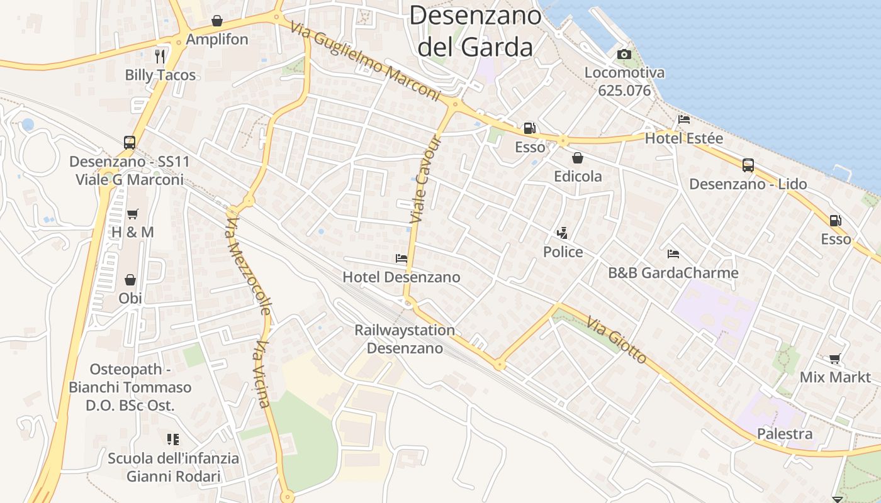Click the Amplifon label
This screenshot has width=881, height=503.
pyautogui.click(x=217, y=40)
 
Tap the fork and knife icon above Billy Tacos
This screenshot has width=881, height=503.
pyautogui.click(x=160, y=56)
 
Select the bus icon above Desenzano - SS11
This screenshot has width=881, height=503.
pyautogui.click(x=130, y=143)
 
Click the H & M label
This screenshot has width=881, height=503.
pyautogui.click(x=132, y=232)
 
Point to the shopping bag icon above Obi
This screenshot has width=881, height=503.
pyautogui.click(x=130, y=279)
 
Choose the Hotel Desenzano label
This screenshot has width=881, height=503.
pyautogui.click(x=401, y=277)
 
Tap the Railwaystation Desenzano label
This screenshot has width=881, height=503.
pyautogui.click(x=405, y=339)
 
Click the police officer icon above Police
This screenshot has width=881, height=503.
pyautogui.click(x=563, y=233)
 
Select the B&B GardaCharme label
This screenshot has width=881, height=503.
pyautogui.click(x=673, y=273)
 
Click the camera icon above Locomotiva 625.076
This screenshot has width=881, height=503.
pyautogui.click(x=624, y=55)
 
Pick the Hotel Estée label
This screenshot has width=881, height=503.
pyautogui.click(x=684, y=138)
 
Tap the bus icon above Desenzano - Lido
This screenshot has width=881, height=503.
pyautogui.click(x=748, y=165)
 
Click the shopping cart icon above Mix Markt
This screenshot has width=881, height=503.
pyautogui.click(x=835, y=359)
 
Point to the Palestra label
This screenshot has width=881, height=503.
pyautogui.click(x=785, y=434)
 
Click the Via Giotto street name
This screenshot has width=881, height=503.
pyautogui.click(x=617, y=341)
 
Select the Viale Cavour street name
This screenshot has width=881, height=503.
pyautogui.click(x=426, y=180)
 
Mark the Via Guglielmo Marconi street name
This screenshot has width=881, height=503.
pyautogui.click(x=365, y=61)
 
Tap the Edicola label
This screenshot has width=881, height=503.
pyautogui.click(x=578, y=177)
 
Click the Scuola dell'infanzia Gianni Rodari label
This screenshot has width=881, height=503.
pyautogui.click(x=173, y=467)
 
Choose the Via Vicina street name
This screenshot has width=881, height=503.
pyautogui.click(x=263, y=374)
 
